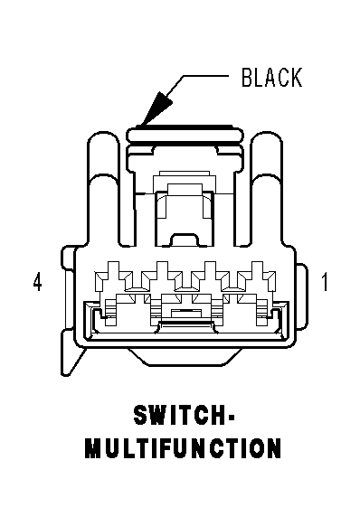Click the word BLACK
tap(271, 78)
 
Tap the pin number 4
tap(38, 282)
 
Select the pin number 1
tap(325, 282)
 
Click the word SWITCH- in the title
tap(184, 415)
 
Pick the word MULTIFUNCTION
tap(183, 448)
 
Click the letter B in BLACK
tap(248, 78)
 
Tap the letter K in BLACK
tap(296, 78)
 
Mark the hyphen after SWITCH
tap(231, 417)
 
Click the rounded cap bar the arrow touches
tap(185, 134)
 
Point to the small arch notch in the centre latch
tap(184, 239)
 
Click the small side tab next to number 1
tap(302, 296)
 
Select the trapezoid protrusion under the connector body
tap(184, 356)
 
